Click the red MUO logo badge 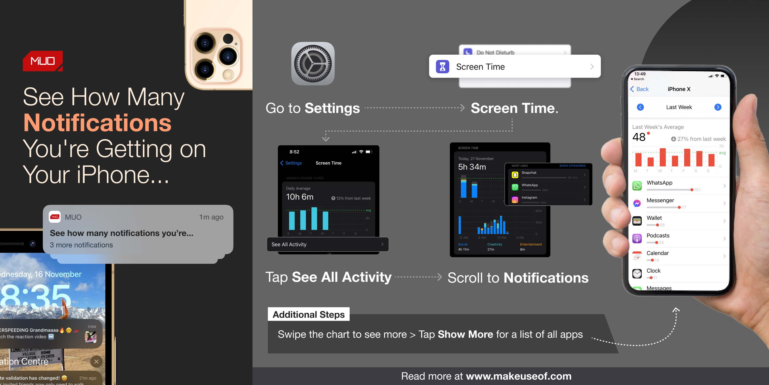tap(43, 61)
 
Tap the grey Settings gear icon tap(312, 64)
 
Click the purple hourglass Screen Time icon tap(442, 67)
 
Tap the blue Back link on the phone tap(640, 89)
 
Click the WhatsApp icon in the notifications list tap(637, 186)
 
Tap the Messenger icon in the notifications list tap(637, 203)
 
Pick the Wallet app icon tap(637, 221)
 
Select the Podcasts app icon tap(637, 238)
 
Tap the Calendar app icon tap(637, 256)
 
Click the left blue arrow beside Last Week tap(640, 107)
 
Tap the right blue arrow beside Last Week tap(718, 107)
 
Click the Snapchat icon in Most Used tap(515, 175)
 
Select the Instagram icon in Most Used tap(515, 200)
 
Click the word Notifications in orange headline tap(97, 123)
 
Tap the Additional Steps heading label tap(308, 314)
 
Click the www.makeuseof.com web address tap(519, 376)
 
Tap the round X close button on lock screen tap(96, 361)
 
